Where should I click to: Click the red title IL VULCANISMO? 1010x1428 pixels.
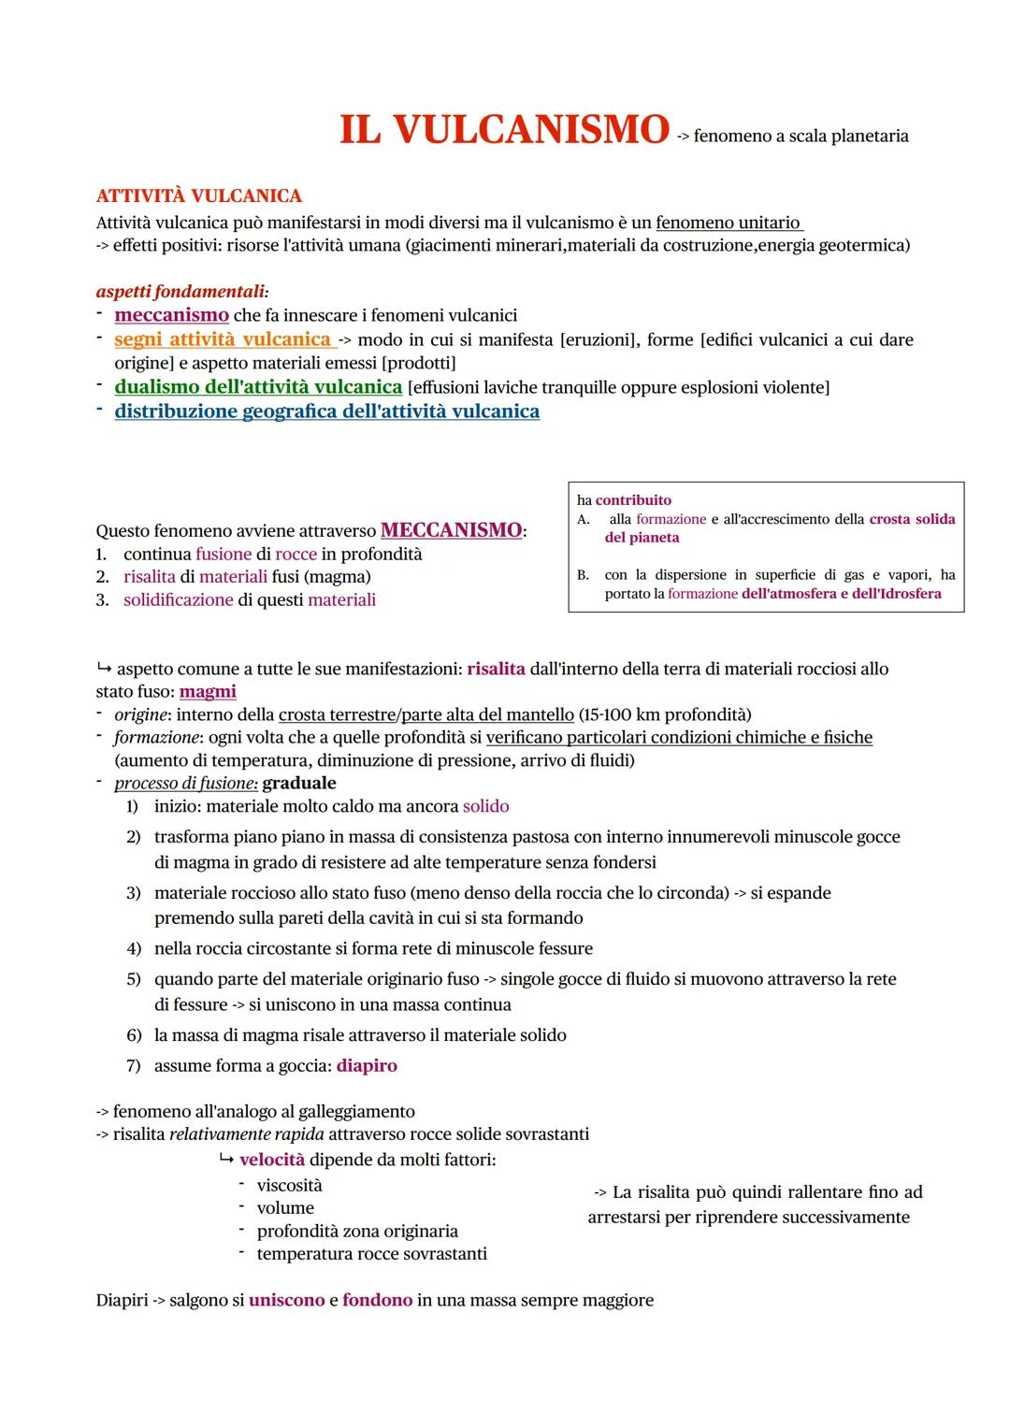504,130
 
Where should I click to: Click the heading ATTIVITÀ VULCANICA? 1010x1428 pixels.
198,196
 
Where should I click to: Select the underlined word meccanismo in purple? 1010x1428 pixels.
171,315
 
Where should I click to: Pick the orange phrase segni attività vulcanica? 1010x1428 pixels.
223,339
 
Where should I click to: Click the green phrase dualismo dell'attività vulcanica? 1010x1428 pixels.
258,386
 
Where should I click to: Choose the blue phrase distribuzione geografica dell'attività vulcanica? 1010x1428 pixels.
326,411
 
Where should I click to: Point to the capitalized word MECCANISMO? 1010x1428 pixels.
452,530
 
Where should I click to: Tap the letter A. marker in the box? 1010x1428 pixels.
584,519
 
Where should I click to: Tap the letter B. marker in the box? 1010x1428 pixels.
584,575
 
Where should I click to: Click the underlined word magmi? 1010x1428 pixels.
208,692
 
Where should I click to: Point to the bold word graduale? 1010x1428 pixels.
299,783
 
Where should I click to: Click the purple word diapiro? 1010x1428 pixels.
367,1066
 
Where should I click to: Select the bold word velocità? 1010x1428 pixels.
272,1160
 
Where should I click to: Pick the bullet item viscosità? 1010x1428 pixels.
289,1185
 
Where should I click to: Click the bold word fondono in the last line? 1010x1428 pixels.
377,1300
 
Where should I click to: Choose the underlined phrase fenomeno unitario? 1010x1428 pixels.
729,223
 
